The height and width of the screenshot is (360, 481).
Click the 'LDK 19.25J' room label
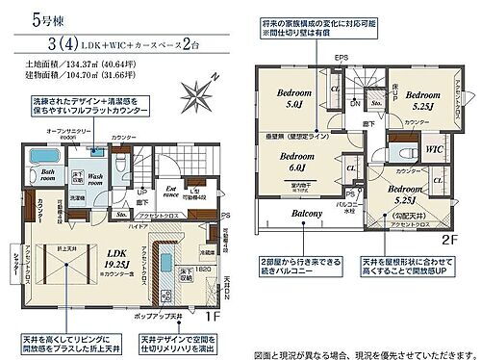tap(116, 230)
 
